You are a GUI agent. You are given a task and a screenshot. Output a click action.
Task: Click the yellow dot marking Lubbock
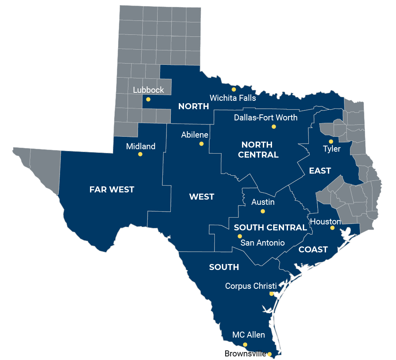coord(148,99)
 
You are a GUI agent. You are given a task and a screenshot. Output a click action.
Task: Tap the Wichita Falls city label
coord(233,98)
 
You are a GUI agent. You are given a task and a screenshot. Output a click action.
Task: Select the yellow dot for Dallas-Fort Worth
coord(274,126)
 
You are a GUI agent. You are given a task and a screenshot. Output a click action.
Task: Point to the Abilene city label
coord(195,135)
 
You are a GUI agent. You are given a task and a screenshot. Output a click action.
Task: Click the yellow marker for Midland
coord(140,154)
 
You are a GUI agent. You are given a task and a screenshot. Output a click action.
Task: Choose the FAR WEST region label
coord(112,190)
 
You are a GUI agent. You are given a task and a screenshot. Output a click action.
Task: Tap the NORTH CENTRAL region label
coord(258,150)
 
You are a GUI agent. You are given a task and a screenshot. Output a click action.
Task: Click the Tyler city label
coord(332,149)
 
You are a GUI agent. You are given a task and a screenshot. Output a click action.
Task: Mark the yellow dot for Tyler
coord(331,141)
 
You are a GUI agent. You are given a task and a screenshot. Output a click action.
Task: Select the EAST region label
coord(320,171)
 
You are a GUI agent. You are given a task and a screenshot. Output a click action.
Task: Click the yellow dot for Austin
coord(263,211)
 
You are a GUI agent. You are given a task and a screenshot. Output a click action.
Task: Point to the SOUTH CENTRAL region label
coord(270,228)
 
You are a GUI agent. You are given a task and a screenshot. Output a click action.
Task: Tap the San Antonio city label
coord(262,243)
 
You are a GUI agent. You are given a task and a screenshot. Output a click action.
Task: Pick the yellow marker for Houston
coord(332,228)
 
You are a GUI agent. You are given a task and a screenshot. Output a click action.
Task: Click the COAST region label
coord(313,250)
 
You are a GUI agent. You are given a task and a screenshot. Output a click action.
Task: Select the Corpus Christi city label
coord(251,286)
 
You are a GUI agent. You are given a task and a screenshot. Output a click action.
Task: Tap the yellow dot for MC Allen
coord(245,344)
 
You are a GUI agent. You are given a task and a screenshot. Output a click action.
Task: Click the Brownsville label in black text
coord(245,354)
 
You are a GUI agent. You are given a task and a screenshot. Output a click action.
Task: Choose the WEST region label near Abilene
coord(202,197)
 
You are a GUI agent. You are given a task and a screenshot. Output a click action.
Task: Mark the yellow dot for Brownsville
coord(270,354)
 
